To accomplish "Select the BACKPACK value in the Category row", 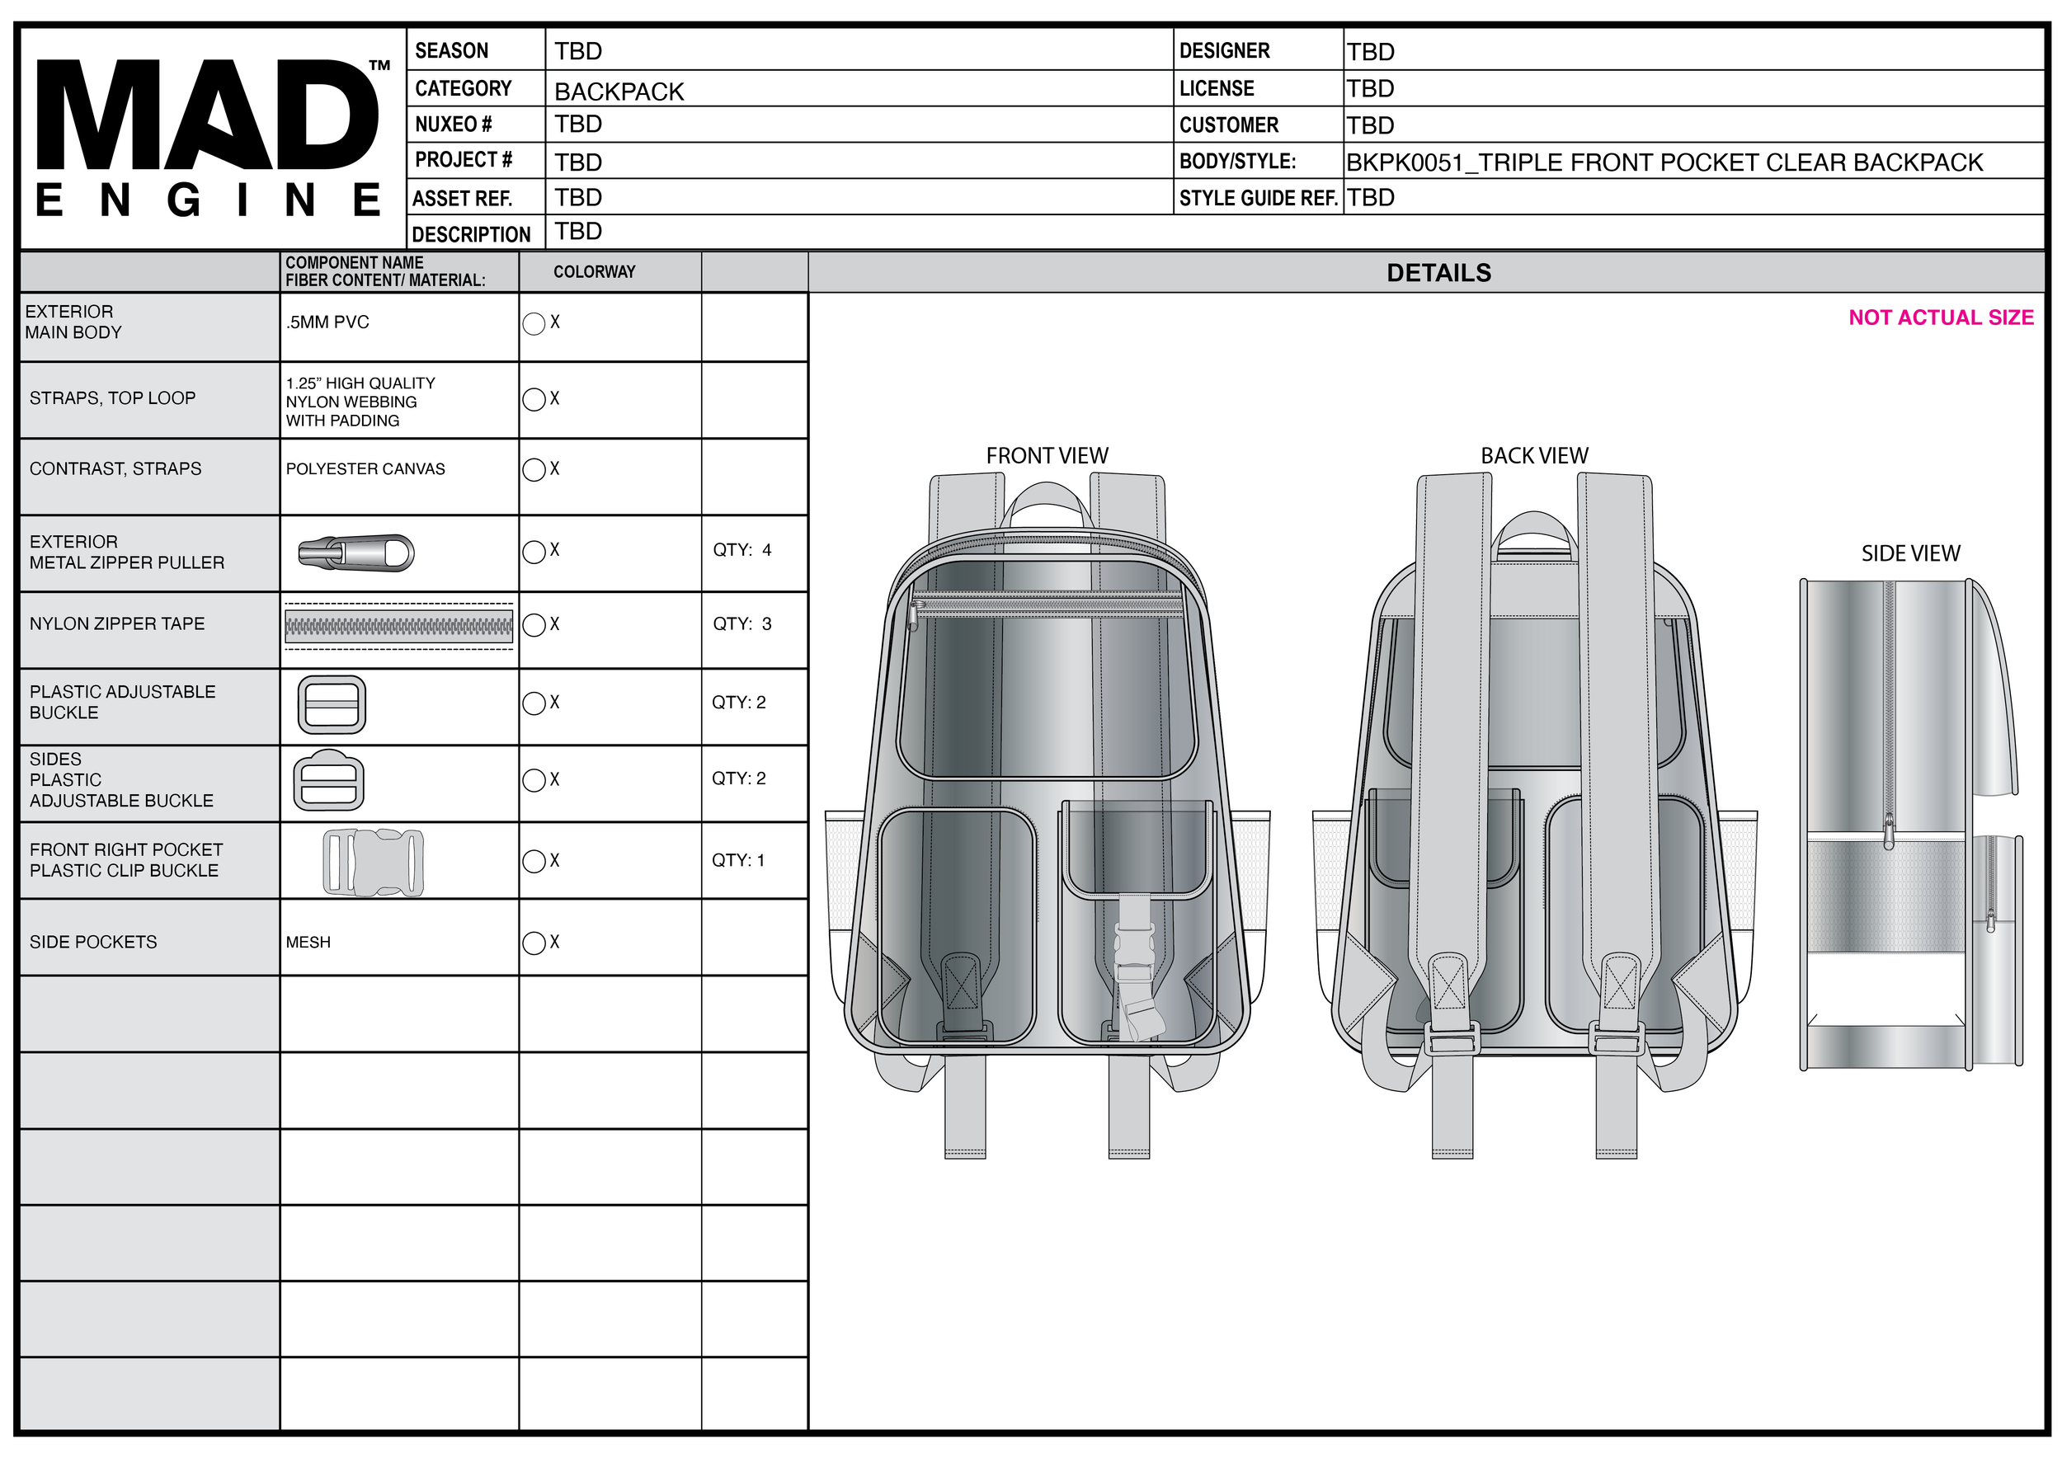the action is point(619,92).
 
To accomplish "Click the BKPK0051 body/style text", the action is point(1664,162).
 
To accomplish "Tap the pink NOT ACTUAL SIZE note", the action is point(1941,317).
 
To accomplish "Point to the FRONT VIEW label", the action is point(1047,456).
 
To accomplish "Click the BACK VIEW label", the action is point(1535,456).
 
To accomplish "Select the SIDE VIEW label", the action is point(1911,553).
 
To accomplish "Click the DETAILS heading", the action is point(1438,273).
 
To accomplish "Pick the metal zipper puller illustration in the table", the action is point(356,553).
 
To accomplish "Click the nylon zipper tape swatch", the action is point(398,627).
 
